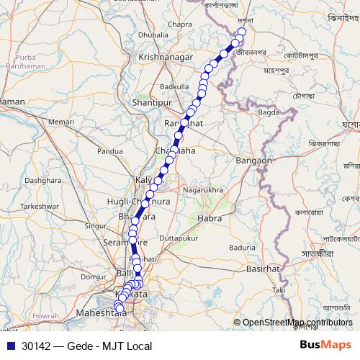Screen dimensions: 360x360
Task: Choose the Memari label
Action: [60, 122]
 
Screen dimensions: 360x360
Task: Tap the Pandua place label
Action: [110, 152]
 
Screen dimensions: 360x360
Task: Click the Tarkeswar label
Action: [39, 205]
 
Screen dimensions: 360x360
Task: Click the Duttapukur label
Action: [177, 237]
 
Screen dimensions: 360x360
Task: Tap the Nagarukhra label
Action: [204, 189]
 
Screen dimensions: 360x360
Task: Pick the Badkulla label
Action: [174, 86]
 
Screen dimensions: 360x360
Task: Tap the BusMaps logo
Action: [325, 345]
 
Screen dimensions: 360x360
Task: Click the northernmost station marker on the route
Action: [242, 32]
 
